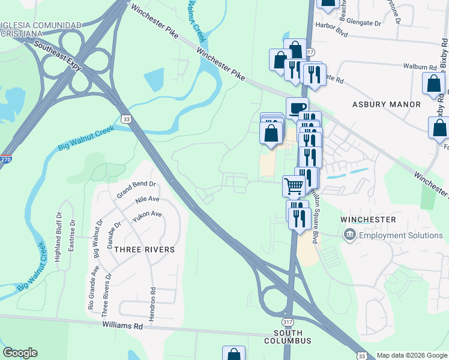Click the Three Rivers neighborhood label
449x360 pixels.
pos(144,250)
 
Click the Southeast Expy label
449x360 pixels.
pos(58,55)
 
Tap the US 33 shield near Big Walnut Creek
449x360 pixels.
pos(126,119)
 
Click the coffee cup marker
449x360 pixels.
pos(297,108)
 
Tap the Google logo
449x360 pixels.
pos(20,353)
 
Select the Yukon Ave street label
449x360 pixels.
pos(147,214)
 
